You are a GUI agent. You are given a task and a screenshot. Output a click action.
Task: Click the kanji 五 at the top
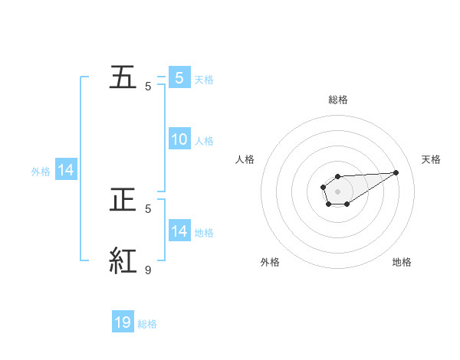pyautogui.click(x=125, y=78)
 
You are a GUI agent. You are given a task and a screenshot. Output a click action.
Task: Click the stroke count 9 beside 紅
pyautogui.click(x=148, y=270)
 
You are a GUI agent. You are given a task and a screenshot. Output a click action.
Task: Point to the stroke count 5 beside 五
pyautogui.click(x=148, y=86)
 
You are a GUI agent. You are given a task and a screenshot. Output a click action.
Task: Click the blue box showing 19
pyautogui.click(x=123, y=322)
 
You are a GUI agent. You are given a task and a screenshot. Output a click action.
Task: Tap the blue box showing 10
pyautogui.click(x=179, y=139)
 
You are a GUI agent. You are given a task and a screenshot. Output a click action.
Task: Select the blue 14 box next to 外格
pyautogui.click(x=66, y=171)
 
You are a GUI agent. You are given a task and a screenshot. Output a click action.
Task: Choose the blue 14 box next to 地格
pyautogui.click(x=179, y=231)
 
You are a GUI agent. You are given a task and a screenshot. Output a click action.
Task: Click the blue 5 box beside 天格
pyautogui.click(x=179, y=77)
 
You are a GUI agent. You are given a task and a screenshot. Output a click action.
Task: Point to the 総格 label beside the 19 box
pyautogui.click(x=147, y=324)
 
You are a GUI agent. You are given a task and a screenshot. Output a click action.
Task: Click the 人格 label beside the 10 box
pyautogui.click(x=204, y=141)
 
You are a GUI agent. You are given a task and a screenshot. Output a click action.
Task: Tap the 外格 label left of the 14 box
pyautogui.click(x=41, y=172)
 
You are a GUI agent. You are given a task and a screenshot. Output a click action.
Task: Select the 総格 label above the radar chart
pyautogui.click(x=337, y=100)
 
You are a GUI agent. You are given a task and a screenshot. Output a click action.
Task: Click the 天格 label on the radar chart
pyautogui.click(x=432, y=159)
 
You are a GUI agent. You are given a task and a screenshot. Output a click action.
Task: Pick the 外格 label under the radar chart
pyautogui.click(x=270, y=262)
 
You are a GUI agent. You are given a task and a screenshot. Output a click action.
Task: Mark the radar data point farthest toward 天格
pyautogui.click(x=397, y=172)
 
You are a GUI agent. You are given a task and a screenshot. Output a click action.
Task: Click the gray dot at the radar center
pyautogui.click(x=337, y=190)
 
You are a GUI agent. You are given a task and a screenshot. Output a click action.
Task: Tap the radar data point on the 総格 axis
pyautogui.click(x=337, y=177)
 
